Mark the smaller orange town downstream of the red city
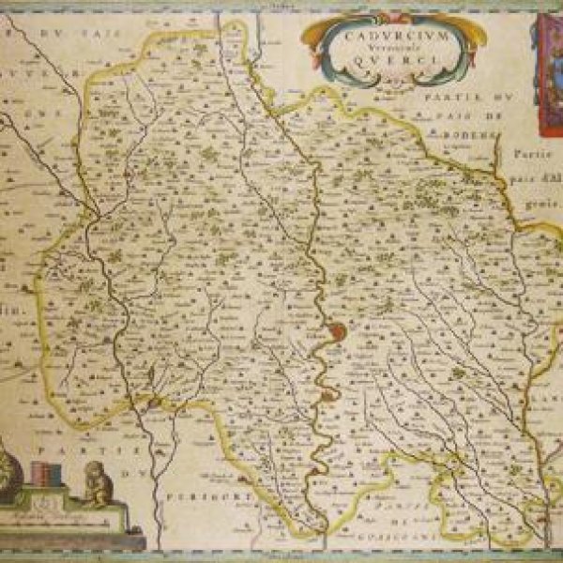(x=327, y=395)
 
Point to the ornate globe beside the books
(x=15, y=469)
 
